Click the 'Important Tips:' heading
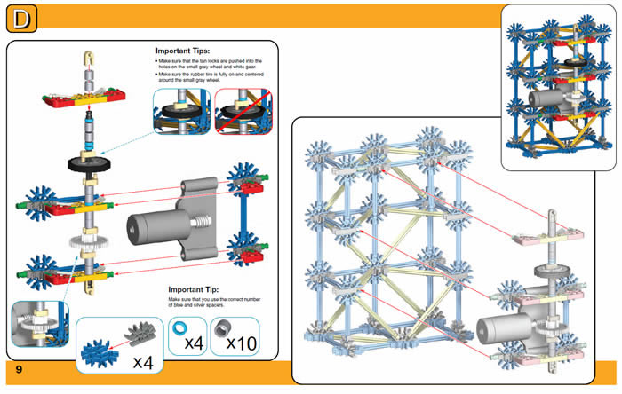[x=183, y=51]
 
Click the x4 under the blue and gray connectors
[x=143, y=361]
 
